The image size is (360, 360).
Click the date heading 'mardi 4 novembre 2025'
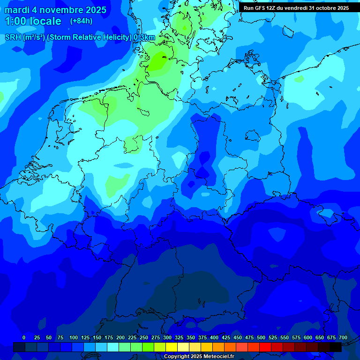(55, 10)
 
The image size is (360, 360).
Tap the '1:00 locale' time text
(33, 21)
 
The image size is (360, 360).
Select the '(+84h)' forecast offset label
(81, 21)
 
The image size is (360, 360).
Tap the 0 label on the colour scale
(24, 337)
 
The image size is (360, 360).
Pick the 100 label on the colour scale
(74, 337)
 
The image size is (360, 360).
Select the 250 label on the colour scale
(144, 337)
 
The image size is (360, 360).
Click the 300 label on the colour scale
(167, 337)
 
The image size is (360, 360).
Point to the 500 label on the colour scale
(261, 337)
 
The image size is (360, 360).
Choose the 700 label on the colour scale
(343, 337)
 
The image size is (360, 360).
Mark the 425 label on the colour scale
(226, 337)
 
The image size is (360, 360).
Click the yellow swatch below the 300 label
(172, 347)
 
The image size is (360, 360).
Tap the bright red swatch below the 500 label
(265, 347)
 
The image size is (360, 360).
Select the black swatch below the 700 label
(336, 347)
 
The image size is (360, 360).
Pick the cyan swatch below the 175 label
(113, 347)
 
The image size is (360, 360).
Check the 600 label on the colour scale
(308, 337)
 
